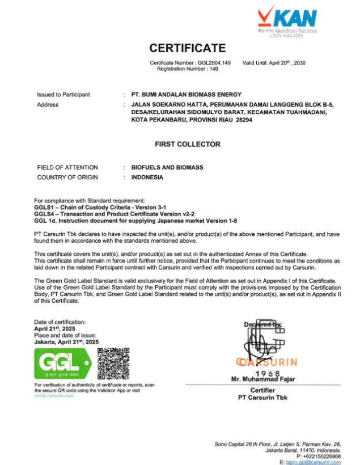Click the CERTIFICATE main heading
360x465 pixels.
tap(187, 48)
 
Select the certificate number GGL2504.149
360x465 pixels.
tap(215, 62)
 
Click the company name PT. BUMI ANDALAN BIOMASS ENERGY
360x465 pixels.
tap(186, 94)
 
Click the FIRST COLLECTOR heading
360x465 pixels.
tap(188, 145)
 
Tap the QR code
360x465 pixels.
tap(113, 363)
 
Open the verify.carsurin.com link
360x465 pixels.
tap(54, 396)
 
